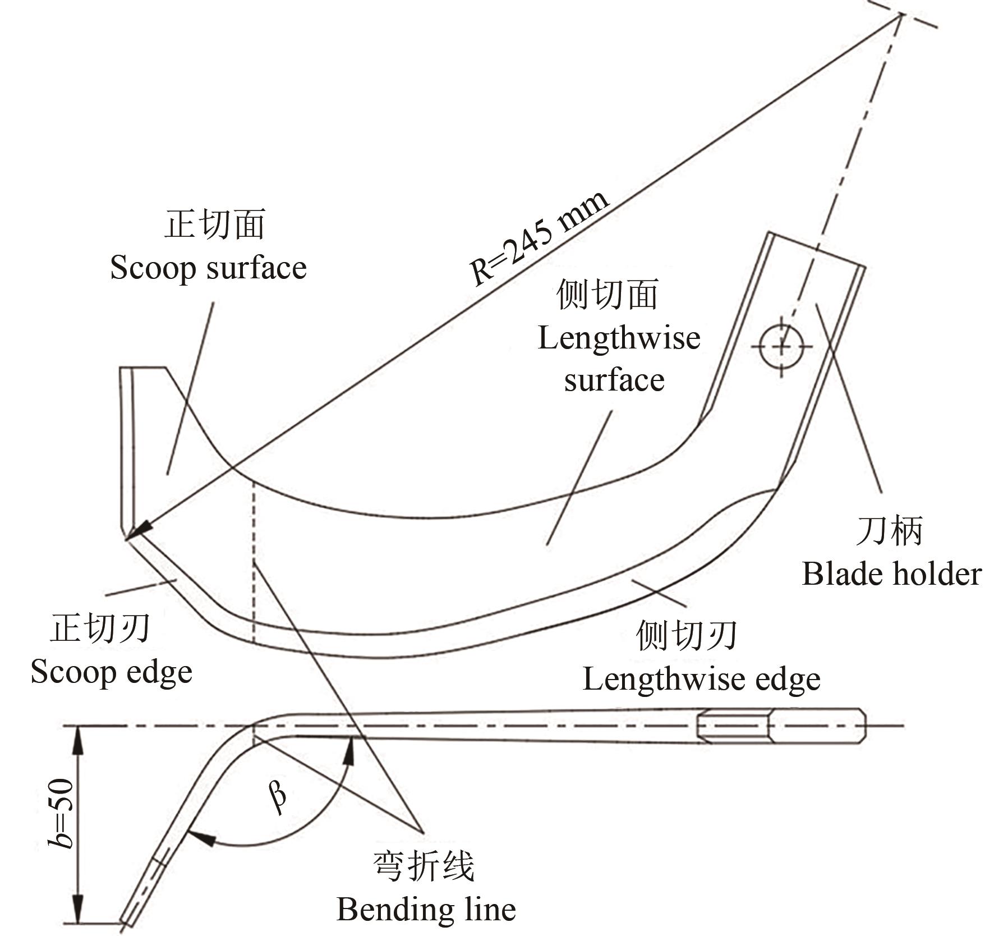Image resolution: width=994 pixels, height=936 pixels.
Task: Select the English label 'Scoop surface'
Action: pos(208,268)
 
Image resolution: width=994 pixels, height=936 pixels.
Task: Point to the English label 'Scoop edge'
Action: pos(111,672)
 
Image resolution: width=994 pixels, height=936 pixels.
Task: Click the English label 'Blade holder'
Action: pos(891,574)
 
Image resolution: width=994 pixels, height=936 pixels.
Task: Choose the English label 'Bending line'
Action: pos(426,909)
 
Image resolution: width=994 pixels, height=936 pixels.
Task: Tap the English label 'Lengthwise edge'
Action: pos(701,679)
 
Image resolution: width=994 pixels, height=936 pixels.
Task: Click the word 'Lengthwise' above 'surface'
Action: pos(619,338)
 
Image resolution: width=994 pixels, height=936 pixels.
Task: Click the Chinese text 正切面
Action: pos(214,225)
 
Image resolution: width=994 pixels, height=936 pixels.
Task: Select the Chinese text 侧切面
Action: pos(607,295)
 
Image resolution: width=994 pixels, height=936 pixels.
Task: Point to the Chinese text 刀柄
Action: pos(890,531)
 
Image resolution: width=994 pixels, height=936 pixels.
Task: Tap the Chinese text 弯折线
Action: pos(424,866)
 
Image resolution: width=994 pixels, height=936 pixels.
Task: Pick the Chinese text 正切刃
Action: pos(100,627)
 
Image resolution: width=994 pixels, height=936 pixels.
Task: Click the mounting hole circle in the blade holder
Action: pos(781,347)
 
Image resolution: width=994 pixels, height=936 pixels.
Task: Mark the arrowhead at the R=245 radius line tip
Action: pos(138,531)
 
